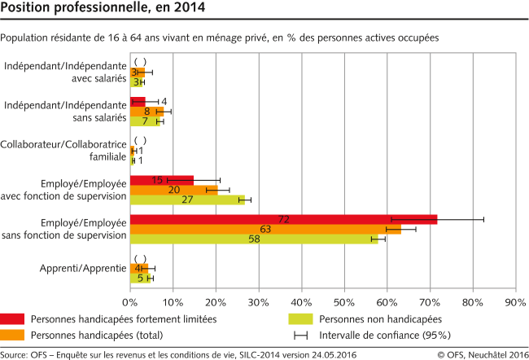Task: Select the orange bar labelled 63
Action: [265, 230]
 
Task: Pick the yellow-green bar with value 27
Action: [187, 200]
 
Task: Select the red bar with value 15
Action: [162, 180]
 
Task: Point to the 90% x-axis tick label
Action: [515, 301]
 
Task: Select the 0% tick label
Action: [130, 301]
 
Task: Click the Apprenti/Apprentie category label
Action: [83, 269]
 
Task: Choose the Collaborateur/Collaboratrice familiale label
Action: [66, 151]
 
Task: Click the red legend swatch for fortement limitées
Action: [12, 319]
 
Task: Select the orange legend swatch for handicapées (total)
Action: [12, 335]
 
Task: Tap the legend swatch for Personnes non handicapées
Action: [300, 319]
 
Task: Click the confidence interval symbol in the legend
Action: [300, 335]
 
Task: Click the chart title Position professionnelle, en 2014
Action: [103, 10]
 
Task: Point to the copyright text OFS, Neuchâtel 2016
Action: [480, 353]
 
